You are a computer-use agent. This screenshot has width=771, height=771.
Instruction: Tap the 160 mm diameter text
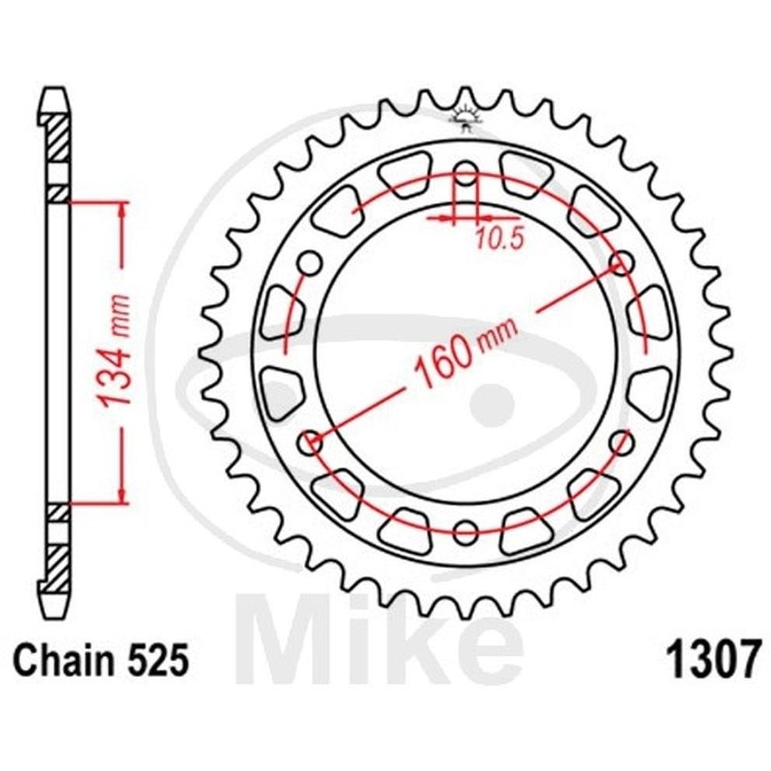[x=465, y=351]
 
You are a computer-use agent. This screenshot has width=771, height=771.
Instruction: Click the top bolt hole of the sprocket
[x=466, y=174]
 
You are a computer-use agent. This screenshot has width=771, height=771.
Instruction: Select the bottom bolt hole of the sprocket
[x=466, y=532]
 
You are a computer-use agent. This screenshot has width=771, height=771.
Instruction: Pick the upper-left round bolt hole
[x=310, y=263]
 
